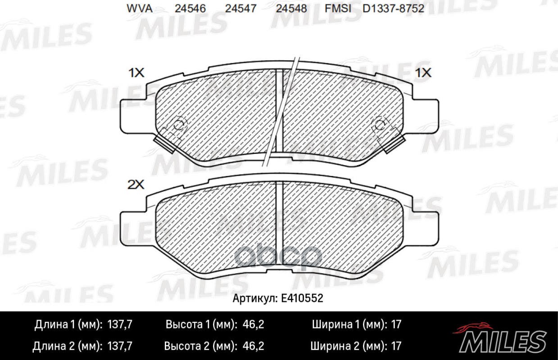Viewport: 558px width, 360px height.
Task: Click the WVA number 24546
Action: [x=191, y=9]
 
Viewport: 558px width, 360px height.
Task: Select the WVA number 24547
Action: [x=241, y=9]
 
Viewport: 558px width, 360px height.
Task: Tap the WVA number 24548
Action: [x=291, y=9]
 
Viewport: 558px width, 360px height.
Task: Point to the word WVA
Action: [x=139, y=9]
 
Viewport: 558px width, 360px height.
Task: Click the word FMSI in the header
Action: [x=336, y=9]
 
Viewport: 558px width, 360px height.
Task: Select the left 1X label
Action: [x=136, y=73]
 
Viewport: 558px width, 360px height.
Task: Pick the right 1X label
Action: [x=423, y=72]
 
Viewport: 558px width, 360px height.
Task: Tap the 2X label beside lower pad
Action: [x=136, y=184]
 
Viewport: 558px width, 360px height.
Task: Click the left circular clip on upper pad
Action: [x=180, y=123]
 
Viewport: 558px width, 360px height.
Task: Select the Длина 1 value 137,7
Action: [x=120, y=324]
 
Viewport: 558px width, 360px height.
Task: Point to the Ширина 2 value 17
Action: [x=396, y=346]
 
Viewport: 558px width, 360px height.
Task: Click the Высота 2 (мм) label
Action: [x=200, y=346]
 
